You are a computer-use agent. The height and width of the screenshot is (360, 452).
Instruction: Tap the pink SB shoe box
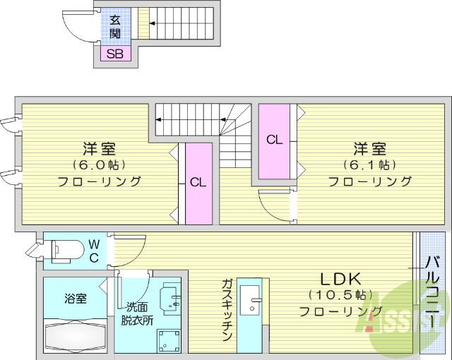(x=114, y=53)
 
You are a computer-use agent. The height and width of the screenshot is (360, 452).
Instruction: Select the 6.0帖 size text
(x=99, y=164)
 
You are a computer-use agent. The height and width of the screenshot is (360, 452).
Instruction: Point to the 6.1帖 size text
(x=369, y=164)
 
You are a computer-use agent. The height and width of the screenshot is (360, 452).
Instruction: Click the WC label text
(x=94, y=251)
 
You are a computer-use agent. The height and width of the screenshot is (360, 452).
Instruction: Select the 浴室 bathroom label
(x=76, y=299)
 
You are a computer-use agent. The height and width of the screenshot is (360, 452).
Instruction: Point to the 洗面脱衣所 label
(x=136, y=313)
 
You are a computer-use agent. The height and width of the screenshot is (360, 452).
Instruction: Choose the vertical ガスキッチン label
(x=227, y=311)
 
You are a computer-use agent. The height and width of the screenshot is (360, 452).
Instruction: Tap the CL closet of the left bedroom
(x=198, y=182)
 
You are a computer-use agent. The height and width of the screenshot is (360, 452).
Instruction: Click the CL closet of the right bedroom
(x=274, y=140)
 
